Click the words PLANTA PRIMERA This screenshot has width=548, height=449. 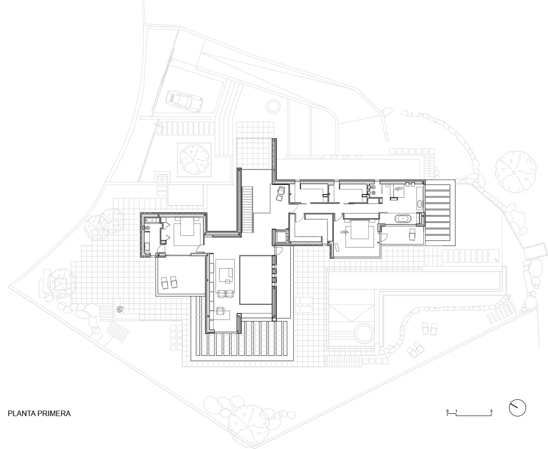point(39,413)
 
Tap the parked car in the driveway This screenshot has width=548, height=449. point(184,101)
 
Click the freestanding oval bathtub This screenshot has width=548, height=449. point(403,218)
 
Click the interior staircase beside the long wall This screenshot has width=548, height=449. point(248,209)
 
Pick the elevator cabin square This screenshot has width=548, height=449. point(281,236)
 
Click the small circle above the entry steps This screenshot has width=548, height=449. point(274,106)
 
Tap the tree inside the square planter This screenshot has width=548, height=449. point(195,159)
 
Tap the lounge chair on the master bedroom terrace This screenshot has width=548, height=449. point(412,235)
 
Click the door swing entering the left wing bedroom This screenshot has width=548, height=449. point(200,249)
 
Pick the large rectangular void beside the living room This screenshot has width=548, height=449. point(256,280)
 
